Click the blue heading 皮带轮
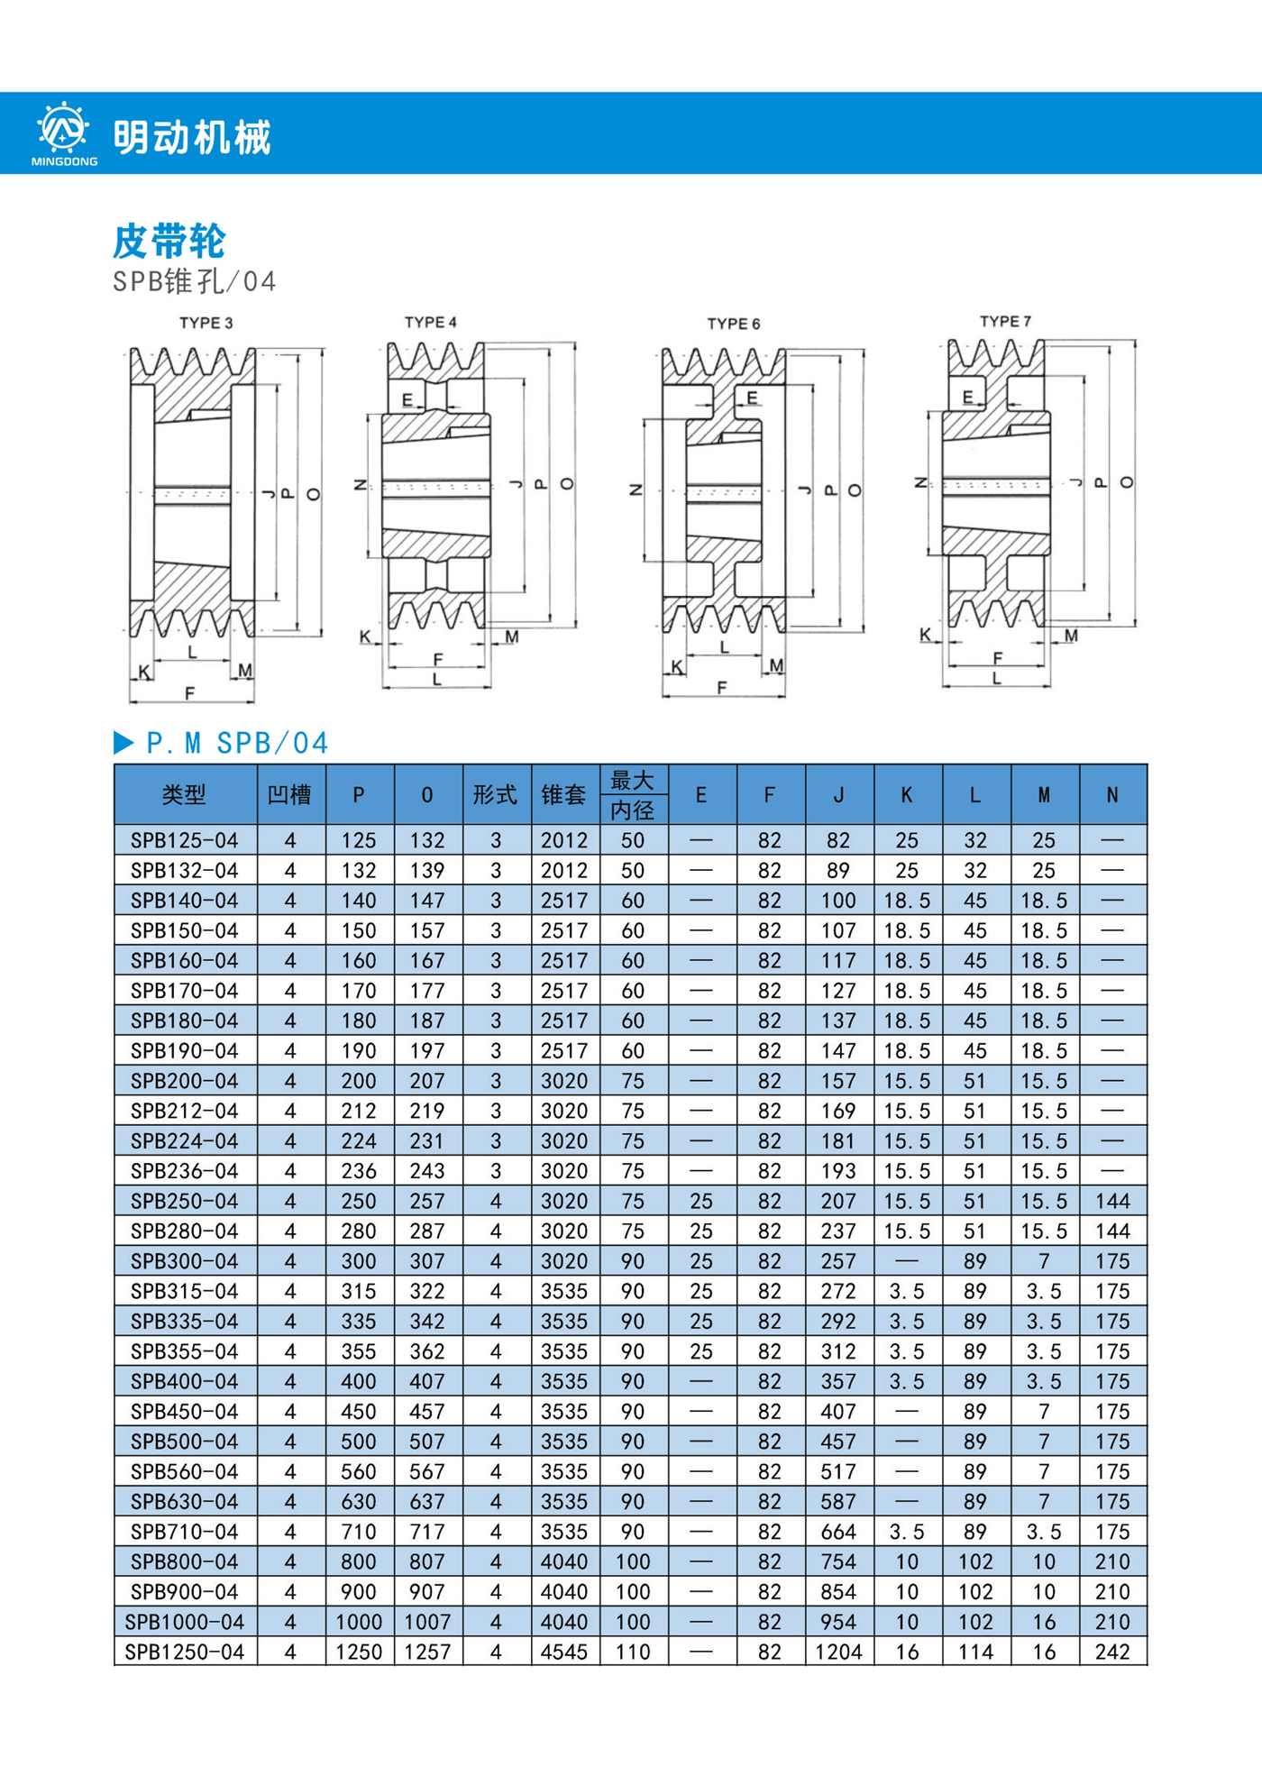(x=169, y=241)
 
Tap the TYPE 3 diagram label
(x=206, y=323)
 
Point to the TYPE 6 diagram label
(x=733, y=324)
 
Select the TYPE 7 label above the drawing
(x=1005, y=321)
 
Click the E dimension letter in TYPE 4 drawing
(x=407, y=399)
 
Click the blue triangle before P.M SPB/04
(x=123, y=743)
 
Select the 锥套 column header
(x=564, y=794)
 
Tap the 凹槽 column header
(x=290, y=794)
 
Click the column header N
(x=1112, y=795)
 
